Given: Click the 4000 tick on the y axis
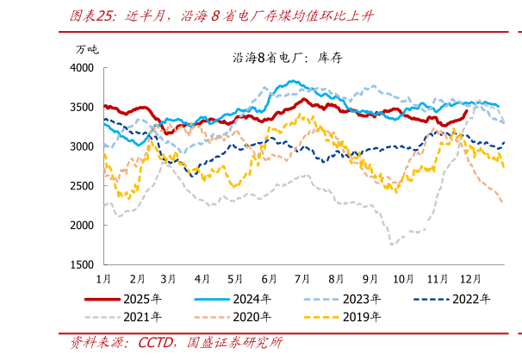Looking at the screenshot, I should (x=83, y=67).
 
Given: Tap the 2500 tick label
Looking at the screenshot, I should (x=83, y=186).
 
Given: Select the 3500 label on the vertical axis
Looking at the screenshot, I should (x=83, y=107).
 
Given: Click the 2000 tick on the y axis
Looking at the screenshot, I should (x=83, y=225).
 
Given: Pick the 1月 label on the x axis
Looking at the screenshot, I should (x=103, y=280).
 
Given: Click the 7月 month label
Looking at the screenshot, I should (x=302, y=280).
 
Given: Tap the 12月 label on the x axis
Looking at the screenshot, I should (x=470, y=280).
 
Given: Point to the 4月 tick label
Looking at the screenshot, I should (x=202, y=280).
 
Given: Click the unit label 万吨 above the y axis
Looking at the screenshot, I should (x=87, y=48).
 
